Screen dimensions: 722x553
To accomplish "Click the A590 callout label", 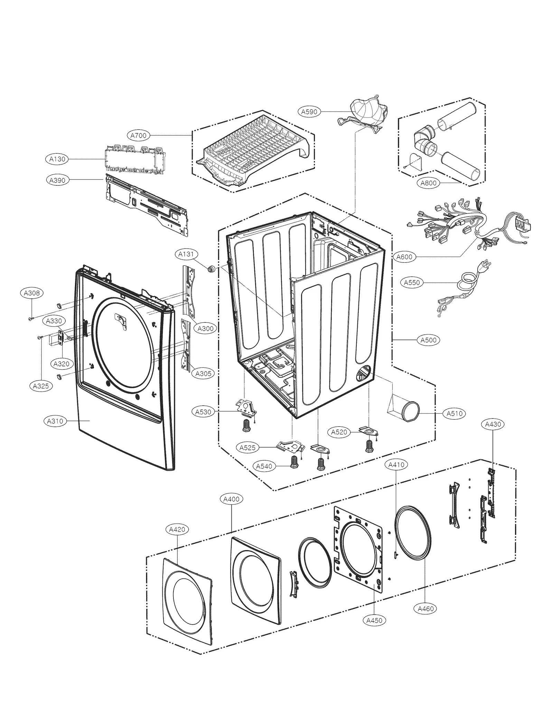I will click(309, 112).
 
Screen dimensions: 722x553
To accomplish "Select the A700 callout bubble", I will click(138, 136).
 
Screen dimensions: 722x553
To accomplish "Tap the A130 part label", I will click(57, 159).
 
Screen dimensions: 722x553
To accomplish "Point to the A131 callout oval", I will click(186, 254).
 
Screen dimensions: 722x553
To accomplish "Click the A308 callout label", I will click(31, 293).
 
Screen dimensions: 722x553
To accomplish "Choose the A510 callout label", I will click(454, 413).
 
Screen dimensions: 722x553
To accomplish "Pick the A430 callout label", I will click(493, 424).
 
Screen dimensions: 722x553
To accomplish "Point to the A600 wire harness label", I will click(404, 257).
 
